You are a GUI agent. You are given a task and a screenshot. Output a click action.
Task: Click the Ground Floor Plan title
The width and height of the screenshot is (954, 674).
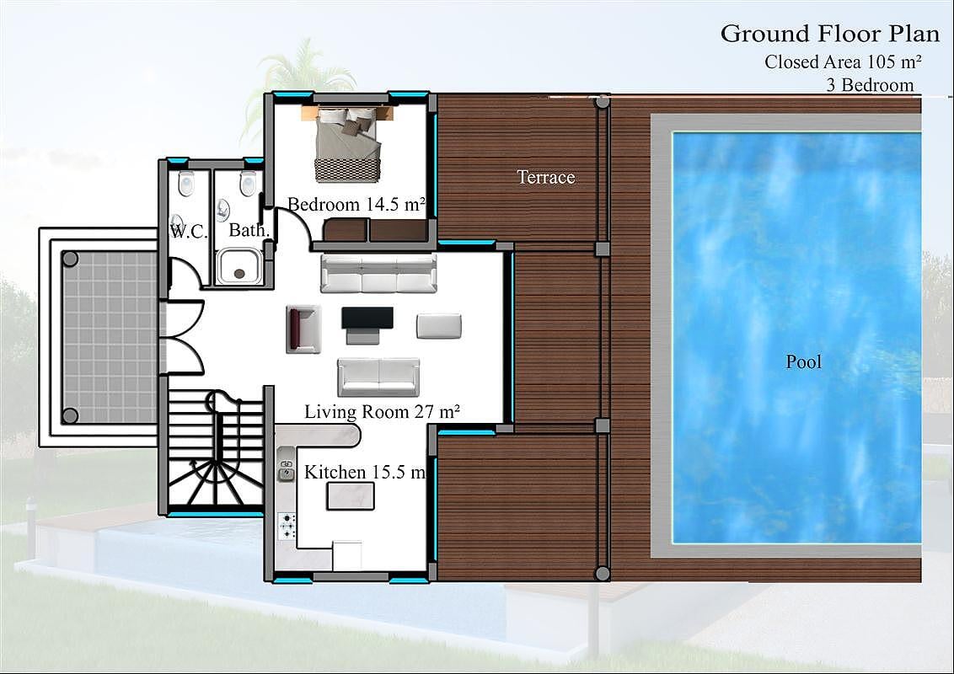(x=830, y=34)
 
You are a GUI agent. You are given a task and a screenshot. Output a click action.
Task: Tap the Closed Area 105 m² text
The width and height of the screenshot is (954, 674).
(x=843, y=62)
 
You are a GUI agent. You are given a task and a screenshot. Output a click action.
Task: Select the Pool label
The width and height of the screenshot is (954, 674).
(x=803, y=362)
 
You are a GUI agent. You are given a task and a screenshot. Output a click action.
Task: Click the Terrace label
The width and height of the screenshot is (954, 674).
(x=546, y=177)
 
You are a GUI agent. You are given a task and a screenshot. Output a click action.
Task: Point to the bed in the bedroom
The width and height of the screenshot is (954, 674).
(x=348, y=144)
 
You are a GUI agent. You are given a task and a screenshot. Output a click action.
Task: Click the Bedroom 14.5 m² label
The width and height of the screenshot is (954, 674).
(x=356, y=205)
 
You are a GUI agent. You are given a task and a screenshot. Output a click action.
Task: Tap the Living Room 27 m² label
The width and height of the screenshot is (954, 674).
(x=382, y=412)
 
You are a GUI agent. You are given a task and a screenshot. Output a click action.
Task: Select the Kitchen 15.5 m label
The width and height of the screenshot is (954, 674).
(x=364, y=472)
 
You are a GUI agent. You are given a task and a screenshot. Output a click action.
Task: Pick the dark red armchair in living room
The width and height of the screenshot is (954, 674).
(x=303, y=329)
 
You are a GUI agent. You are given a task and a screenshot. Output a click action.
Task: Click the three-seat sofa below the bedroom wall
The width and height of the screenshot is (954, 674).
(x=378, y=273)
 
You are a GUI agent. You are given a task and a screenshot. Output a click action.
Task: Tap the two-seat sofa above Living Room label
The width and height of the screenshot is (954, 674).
(x=378, y=377)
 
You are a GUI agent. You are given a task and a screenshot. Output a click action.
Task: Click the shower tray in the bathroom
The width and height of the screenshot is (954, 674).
(x=239, y=266)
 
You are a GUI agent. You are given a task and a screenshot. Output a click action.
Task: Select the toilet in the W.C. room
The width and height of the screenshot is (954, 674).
(x=185, y=183)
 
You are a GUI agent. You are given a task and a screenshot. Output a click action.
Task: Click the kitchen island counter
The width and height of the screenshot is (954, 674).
(x=351, y=495)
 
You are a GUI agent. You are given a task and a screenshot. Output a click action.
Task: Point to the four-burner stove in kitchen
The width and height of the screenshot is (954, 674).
(x=287, y=527)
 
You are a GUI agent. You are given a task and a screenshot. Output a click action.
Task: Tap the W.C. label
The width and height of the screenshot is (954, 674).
(x=189, y=231)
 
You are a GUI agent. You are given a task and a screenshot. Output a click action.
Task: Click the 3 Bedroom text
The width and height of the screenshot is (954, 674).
(x=870, y=85)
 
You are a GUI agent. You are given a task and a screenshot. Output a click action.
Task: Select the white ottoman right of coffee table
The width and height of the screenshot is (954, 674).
(x=439, y=326)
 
